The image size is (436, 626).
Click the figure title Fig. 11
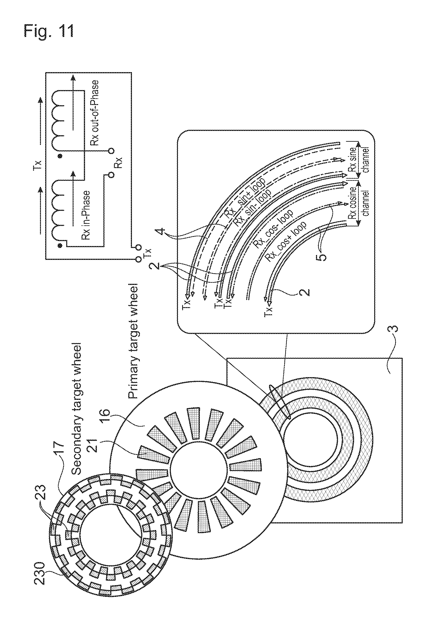point(49,31)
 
